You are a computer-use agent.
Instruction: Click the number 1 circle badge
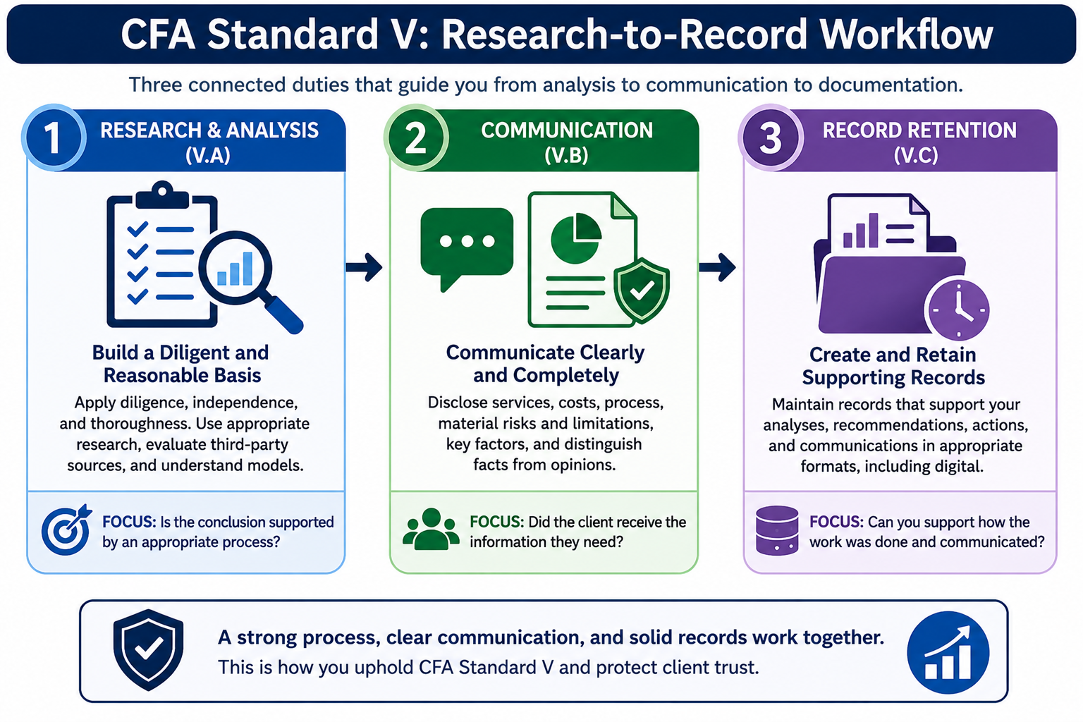[54, 137]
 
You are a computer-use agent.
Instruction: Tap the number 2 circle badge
[416, 137]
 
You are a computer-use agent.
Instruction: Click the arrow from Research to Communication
[364, 267]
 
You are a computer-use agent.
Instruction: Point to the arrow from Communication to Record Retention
[718, 267]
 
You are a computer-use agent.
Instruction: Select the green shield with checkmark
[642, 290]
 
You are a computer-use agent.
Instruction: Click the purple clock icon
[957, 310]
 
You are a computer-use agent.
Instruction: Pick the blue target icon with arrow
[66, 530]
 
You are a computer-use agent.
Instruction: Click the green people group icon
[431, 529]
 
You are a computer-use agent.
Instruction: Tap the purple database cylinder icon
[777, 530]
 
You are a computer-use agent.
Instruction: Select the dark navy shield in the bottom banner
[149, 649]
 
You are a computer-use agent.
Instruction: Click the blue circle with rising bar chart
[948, 652]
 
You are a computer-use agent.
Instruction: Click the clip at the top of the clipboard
[162, 195]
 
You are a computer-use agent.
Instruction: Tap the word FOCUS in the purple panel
[836, 522]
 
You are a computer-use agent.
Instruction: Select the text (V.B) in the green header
[566, 155]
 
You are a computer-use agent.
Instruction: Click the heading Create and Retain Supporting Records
[893, 366]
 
